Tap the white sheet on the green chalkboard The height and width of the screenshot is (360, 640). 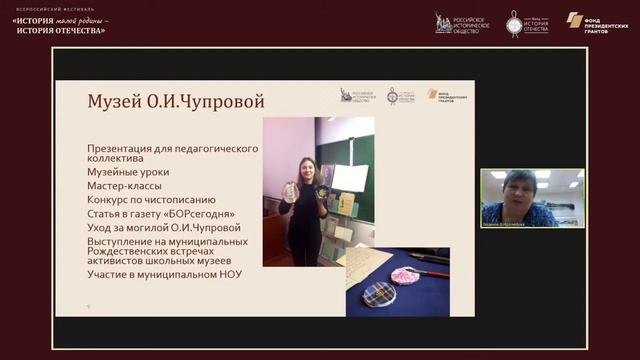(349, 177)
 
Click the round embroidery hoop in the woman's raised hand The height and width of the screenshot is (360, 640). (289, 191)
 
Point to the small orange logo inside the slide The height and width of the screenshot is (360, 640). (432, 93)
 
